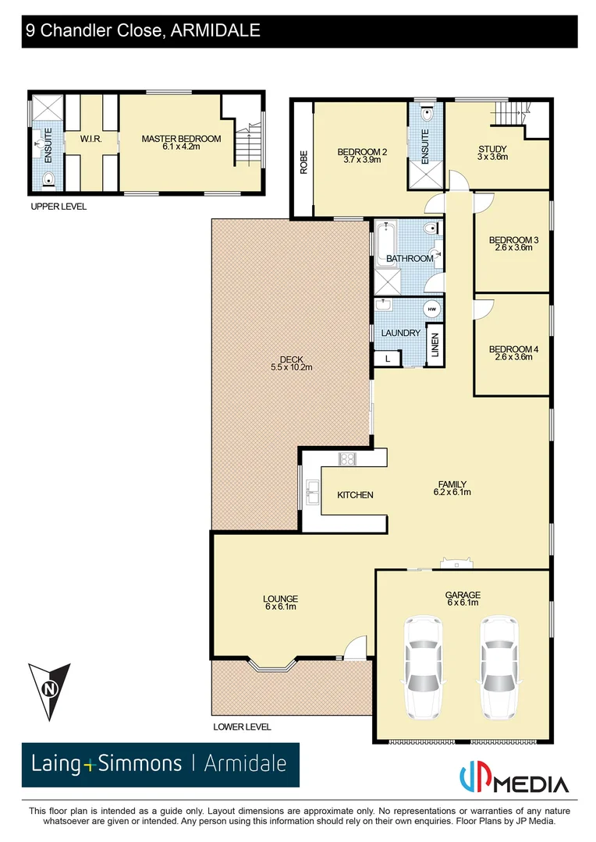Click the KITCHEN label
355,495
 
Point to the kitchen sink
312,490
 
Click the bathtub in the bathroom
385,243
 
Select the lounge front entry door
354,649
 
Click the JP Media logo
513,782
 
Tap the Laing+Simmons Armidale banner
160,763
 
